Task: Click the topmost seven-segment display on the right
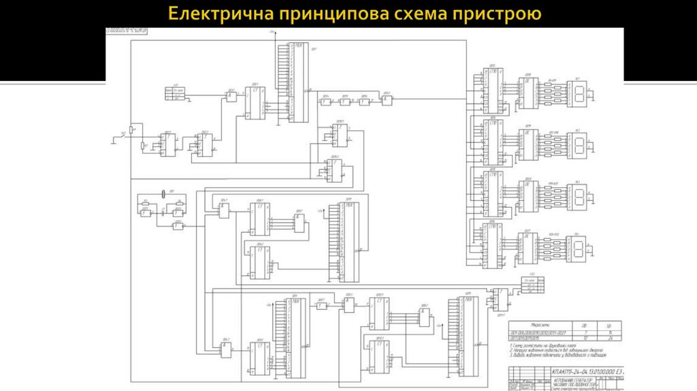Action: (580, 93)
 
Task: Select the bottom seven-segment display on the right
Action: (580, 246)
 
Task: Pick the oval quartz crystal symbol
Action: (163, 195)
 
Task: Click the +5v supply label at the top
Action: (272, 32)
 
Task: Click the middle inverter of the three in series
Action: (345, 101)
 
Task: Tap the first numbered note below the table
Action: (551, 345)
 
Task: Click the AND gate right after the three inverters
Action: (387, 100)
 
